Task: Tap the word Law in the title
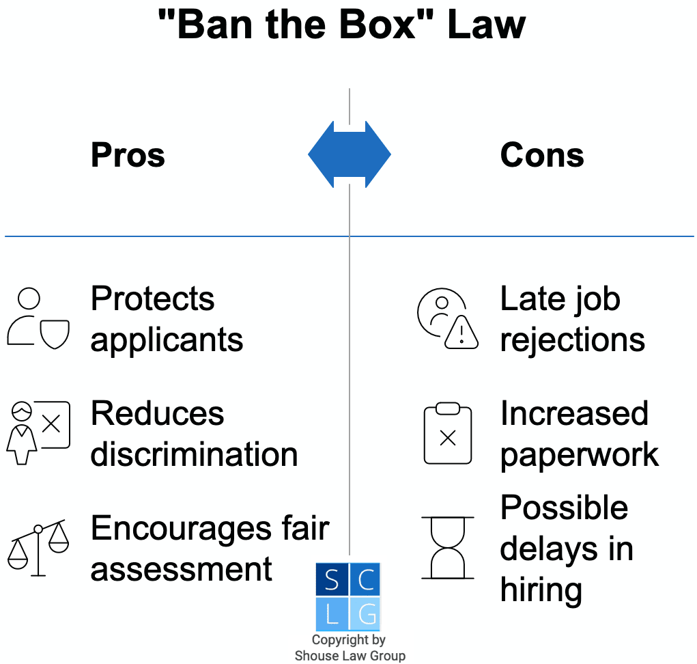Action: pyautogui.click(x=487, y=25)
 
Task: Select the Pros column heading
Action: pyautogui.click(x=128, y=156)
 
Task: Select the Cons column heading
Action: pyautogui.click(x=542, y=156)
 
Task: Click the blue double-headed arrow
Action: pyautogui.click(x=349, y=155)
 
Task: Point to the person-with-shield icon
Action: pyautogui.click(x=38, y=319)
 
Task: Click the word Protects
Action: pyautogui.click(x=152, y=299)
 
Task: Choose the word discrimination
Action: pyautogui.click(x=194, y=455)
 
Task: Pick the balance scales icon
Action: pyautogui.click(x=38, y=547)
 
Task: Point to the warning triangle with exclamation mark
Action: pyautogui.click(x=462, y=333)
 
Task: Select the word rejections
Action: pyautogui.click(x=572, y=340)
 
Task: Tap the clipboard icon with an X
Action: pyautogui.click(x=447, y=434)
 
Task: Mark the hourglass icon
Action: pyautogui.click(x=447, y=548)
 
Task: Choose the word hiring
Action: pyautogui.click(x=541, y=590)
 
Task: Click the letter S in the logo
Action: pyautogui.click(x=332, y=579)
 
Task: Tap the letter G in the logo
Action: pyautogui.click(x=366, y=614)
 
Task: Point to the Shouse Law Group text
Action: pyautogui.click(x=350, y=656)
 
